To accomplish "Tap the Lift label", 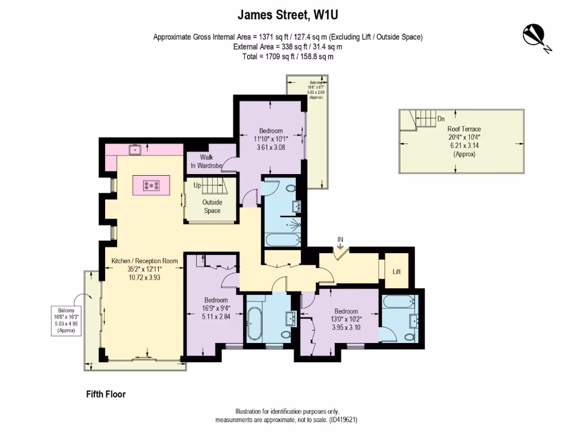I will [x=396, y=271].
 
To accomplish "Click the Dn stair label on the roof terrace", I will [x=441, y=119].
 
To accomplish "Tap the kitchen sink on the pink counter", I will [x=135, y=150].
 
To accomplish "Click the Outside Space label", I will [x=212, y=206].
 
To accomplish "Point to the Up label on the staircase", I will [x=197, y=185].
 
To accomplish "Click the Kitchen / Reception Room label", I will [x=144, y=261].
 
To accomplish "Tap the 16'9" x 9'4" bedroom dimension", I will [x=216, y=308].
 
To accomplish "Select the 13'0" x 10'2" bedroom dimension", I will [x=345, y=319].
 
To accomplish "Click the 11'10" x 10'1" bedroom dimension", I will [x=271, y=139].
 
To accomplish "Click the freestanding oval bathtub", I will [x=254, y=324].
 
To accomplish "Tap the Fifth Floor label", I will [x=102, y=394].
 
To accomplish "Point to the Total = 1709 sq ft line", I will [x=288, y=57].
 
